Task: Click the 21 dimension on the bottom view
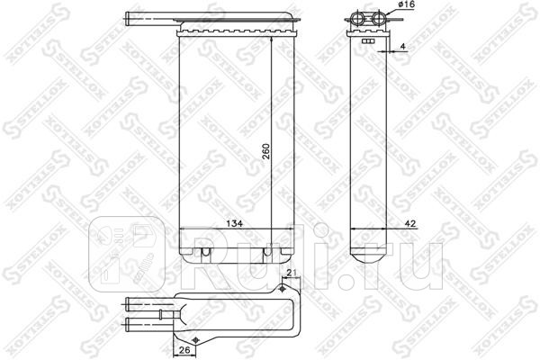(x=291, y=274)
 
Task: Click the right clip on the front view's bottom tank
(x=267, y=253)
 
